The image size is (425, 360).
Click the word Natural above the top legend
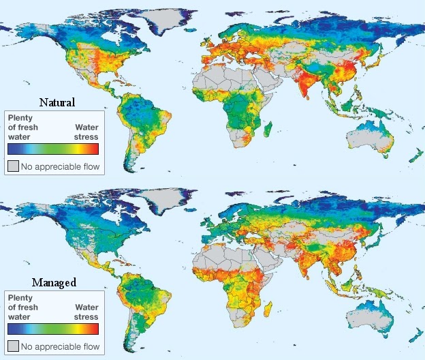[x=57, y=102]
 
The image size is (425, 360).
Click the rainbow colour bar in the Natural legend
[x=53, y=148]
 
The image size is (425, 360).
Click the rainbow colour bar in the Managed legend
[x=53, y=329]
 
